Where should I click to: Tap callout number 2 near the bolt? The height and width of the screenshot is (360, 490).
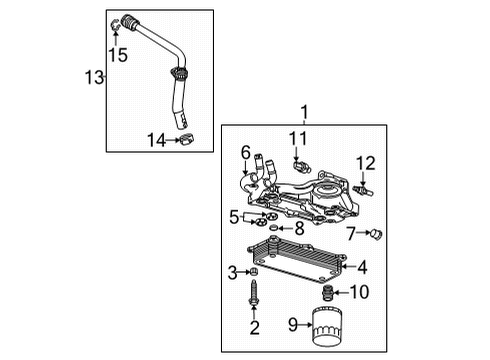point(254,328)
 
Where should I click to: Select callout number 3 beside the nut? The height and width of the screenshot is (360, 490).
point(233,272)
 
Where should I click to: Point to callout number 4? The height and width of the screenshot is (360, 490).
point(362,267)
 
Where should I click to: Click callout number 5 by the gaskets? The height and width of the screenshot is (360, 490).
point(234,215)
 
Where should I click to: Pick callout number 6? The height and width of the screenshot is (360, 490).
point(244,152)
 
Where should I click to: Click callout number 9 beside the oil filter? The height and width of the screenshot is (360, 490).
point(293,323)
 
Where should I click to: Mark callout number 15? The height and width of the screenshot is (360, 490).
point(118,55)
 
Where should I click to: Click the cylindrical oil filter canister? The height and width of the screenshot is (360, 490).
point(327,326)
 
